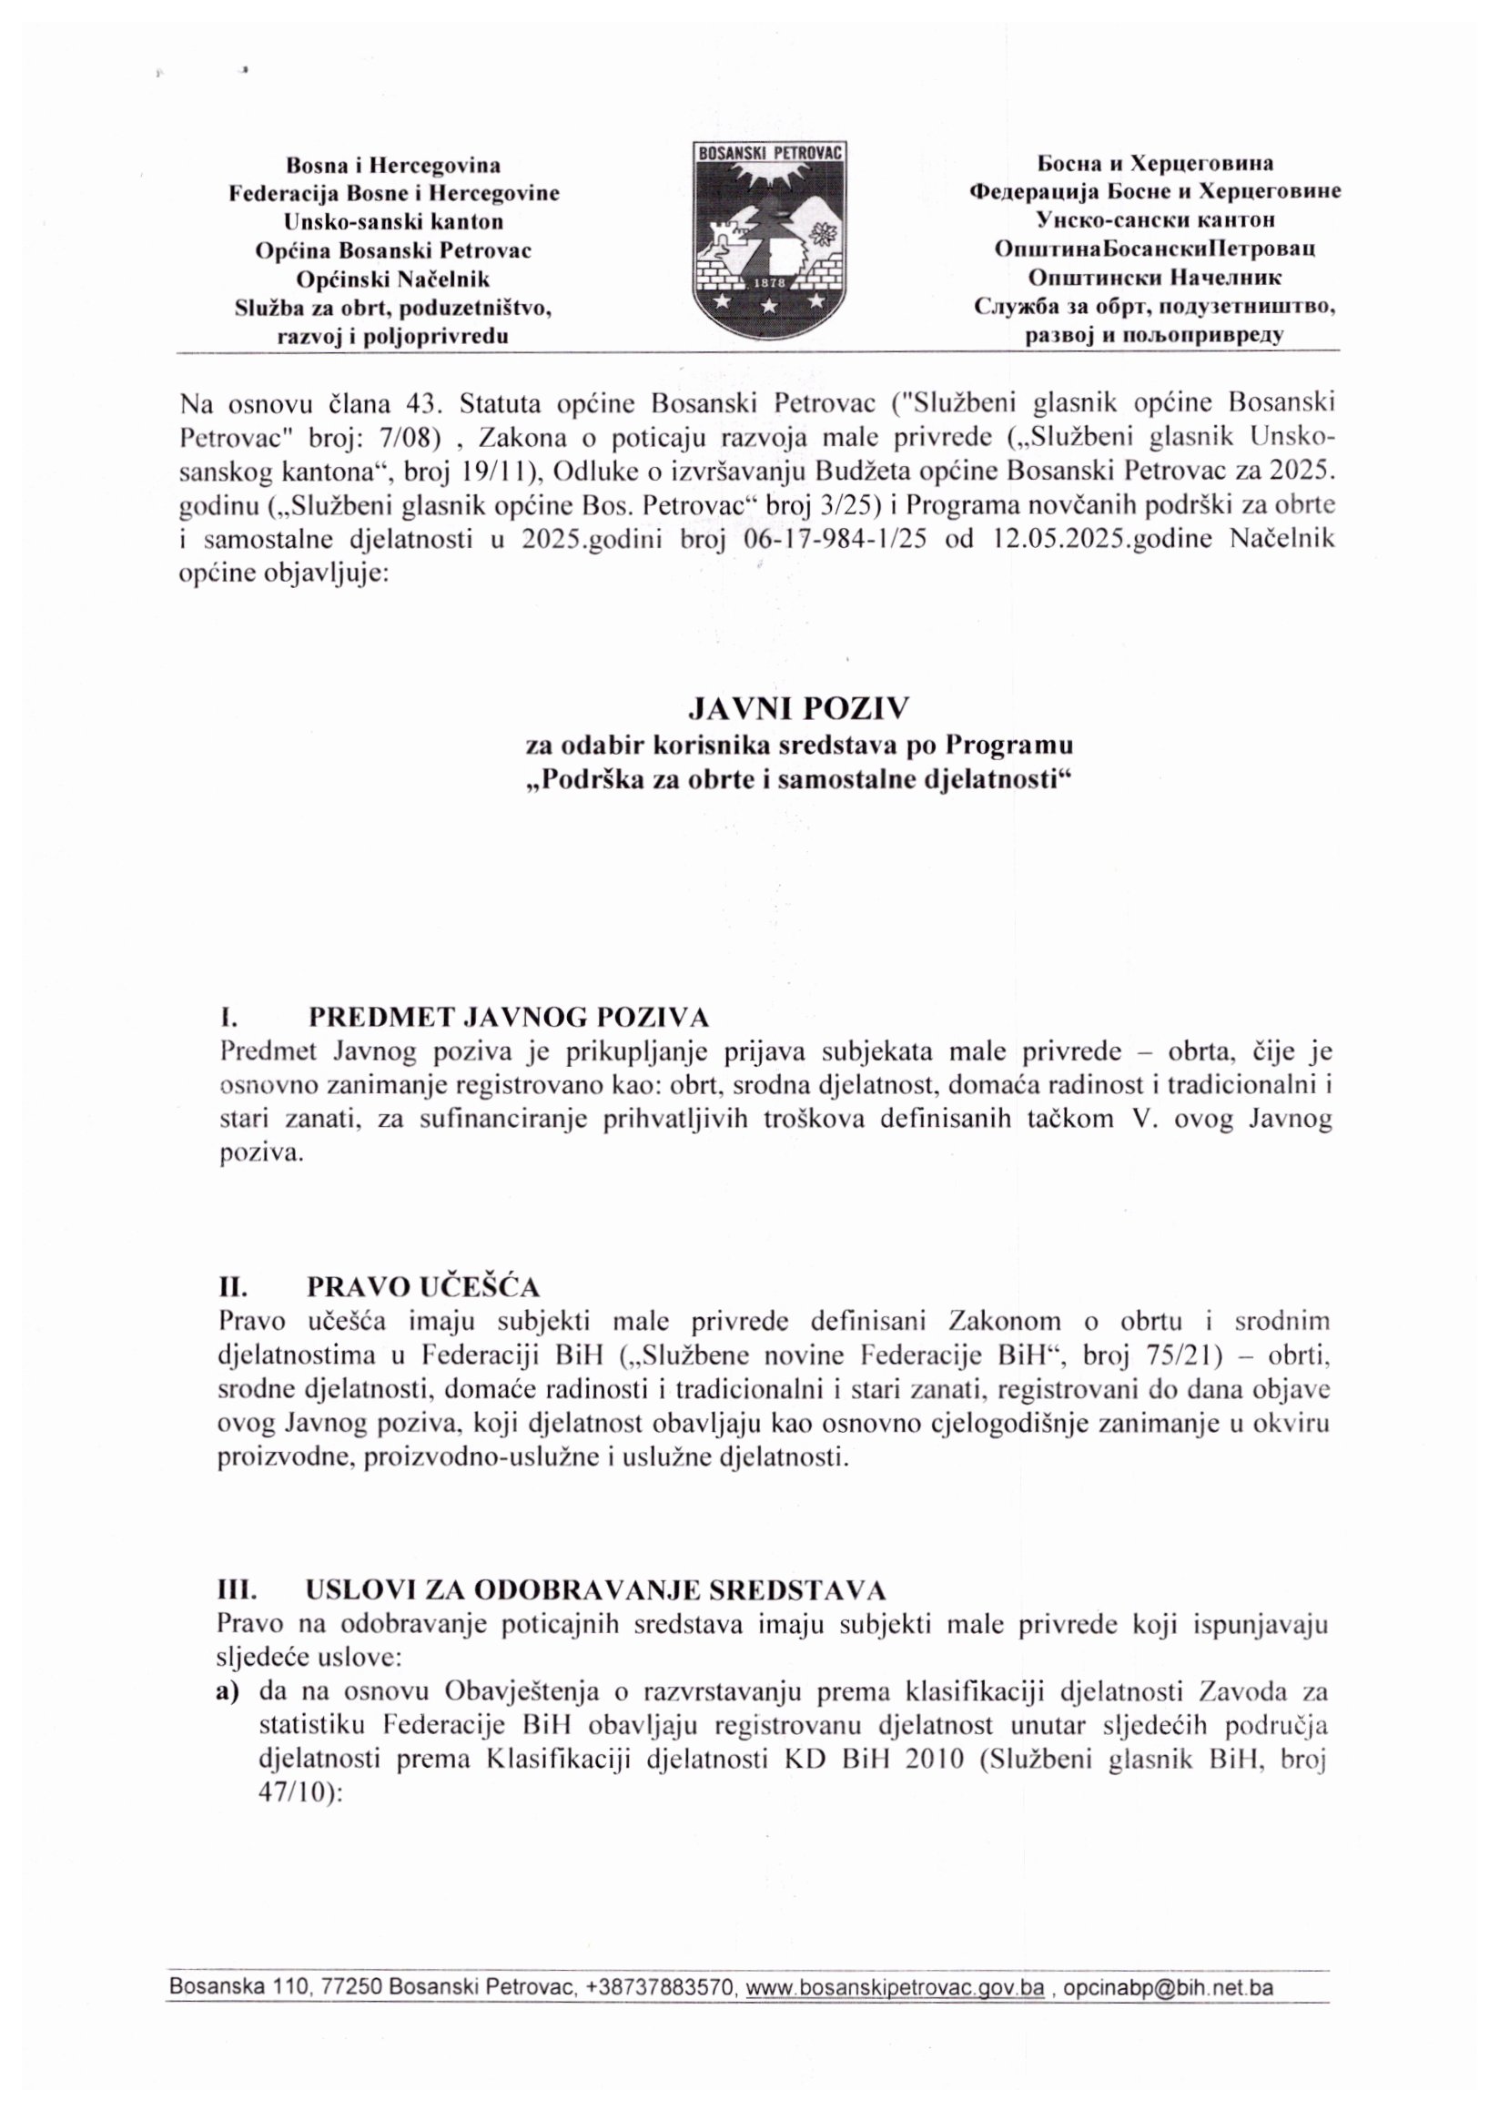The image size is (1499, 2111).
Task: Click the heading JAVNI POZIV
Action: pyautogui.click(x=799, y=708)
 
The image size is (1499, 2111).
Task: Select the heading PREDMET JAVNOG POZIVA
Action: pyautogui.click(x=508, y=1017)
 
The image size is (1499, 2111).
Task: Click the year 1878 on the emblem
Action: pyautogui.click(x=769, y=281)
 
